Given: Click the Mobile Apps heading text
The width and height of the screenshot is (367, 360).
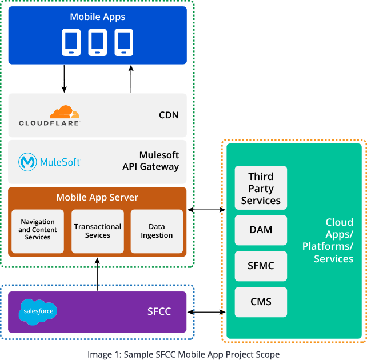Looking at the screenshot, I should click(97, 17).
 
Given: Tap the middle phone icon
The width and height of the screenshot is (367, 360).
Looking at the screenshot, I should click(97, 43).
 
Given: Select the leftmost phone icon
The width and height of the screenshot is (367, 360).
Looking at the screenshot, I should click(71, 43).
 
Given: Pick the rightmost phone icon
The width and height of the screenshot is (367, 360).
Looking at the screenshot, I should click(123, 43).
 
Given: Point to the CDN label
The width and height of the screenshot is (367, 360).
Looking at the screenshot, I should click(169, 115).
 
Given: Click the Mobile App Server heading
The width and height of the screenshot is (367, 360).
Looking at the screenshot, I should click(97, 198).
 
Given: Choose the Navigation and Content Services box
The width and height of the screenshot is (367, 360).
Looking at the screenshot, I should click(38, 230).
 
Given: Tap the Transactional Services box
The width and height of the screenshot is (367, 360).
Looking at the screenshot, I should click(98, 231).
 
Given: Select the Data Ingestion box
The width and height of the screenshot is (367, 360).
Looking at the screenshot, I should click(157, 231).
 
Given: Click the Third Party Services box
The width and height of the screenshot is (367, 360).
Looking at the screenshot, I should click(261, 188).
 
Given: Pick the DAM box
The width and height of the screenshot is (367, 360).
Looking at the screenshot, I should click(261, 230).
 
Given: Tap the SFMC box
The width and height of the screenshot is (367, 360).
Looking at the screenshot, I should click(261, 266).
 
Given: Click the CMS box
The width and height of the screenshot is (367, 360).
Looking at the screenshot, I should click(261, 302).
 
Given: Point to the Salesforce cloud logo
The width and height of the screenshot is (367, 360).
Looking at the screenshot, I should click(38, 311).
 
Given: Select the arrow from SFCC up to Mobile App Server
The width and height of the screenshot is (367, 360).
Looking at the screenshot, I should click(97, 274).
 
